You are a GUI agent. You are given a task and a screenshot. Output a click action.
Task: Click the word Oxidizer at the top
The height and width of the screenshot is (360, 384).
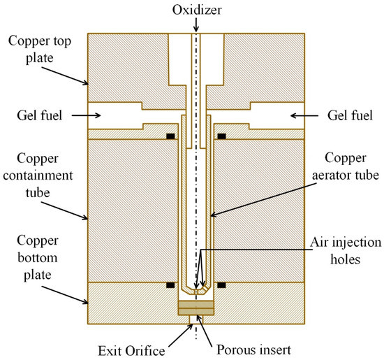[196, 10]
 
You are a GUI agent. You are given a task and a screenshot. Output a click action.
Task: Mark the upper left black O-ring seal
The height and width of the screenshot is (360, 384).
[170, 136]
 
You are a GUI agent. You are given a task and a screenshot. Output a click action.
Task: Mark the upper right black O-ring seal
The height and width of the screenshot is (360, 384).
[221, 136]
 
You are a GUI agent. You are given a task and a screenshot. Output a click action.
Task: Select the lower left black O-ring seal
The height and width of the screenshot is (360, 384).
[170, 285]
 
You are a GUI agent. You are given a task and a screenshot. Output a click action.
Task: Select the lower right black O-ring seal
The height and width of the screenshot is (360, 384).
[221, 285]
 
